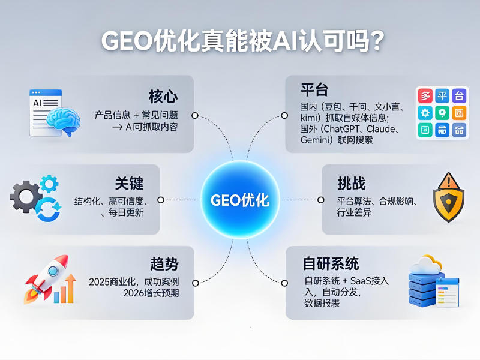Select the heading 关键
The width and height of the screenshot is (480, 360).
click(x=130, y=183)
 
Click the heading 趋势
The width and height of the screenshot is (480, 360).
click(x=164, y=264)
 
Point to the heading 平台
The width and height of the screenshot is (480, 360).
click(x=314, y=90)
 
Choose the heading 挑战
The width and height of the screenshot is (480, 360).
click(x=352, y=183)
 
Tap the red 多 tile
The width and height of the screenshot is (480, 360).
click(x=426, y=96)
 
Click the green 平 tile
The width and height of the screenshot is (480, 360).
click(x=443, y=96)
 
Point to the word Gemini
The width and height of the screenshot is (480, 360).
click(x=314, y=140)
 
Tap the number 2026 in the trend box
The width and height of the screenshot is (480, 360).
click(x=135, y=293)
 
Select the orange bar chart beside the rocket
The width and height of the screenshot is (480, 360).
click(x=65, y=290)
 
